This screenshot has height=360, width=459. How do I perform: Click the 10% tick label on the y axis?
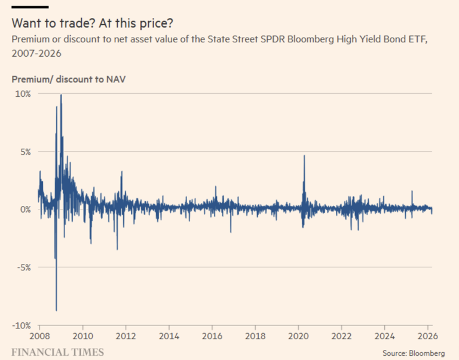point(23,94)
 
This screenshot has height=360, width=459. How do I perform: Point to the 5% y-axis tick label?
point(25,152)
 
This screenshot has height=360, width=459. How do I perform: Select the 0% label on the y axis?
point(25,210)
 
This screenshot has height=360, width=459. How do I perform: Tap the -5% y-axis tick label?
point(24,267)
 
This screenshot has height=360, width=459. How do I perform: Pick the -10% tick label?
point(22,325)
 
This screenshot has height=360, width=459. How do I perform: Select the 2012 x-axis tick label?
point(126,336)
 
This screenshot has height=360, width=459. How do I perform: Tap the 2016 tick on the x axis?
point(212,336)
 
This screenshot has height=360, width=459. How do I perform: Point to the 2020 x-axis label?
point(298,336)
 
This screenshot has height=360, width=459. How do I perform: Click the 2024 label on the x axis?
point(385,336)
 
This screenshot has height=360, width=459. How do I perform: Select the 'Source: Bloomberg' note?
point(414,353)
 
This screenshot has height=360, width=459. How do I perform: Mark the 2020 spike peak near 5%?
point(304,156)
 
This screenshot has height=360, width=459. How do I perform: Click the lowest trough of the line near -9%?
point(56,310)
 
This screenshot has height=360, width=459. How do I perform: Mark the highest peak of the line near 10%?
point(60,95)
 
